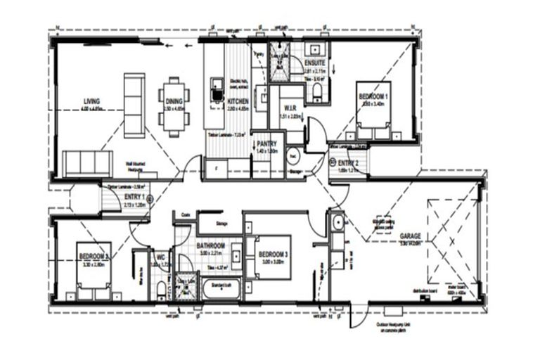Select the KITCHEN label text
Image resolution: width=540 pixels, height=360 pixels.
tap(237, 102)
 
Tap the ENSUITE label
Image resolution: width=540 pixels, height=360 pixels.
tap(314, 63)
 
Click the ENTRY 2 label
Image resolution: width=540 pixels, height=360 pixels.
tap(348, 162)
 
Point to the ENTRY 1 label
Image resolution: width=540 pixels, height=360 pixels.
tap(134, 198)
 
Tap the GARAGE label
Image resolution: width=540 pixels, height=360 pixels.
tap(410, 236)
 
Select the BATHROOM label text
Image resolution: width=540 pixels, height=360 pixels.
tap(211, 245)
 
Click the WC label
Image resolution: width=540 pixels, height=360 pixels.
tap(160, 257)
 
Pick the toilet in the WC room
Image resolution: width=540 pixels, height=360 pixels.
tap(162, 288)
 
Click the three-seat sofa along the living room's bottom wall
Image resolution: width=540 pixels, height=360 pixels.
tap(87, 164)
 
